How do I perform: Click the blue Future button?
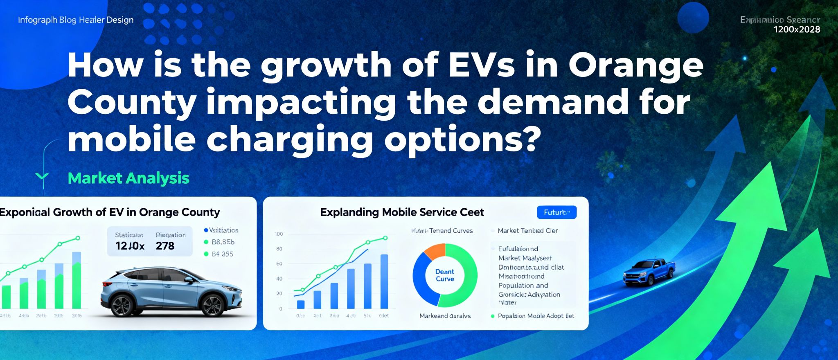pyautogui.click(x=556, y=212)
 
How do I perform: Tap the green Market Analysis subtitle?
pyautogui.click(x=128, y=178)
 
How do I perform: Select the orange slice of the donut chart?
pyautogui.click(x=435, y=250)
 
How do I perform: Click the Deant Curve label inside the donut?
pyautogui.click(x=445, y=275)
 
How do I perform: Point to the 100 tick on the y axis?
pyautogui.click(x=279, y=234)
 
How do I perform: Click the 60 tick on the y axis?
pyautogui.click(x=279, y=264)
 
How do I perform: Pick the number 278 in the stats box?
pyautogui.click(x=165, y=246)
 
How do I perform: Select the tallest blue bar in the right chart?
pyautogui.click(x=384, y=281)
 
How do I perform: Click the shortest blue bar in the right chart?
pyautogui.click(x=301, y=304)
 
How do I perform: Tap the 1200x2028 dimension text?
pyautogui.click(x=797, y=29)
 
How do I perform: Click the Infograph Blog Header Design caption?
pyautogui.click(x=76, y=20)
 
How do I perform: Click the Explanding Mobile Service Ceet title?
pyautogui.click(x=402, y=212)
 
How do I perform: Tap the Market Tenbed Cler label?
pyautogui.click(x=527, y=231)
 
